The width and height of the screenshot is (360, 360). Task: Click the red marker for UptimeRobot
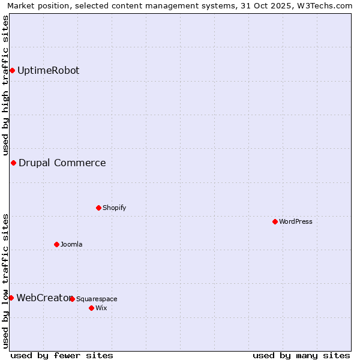coord(12,71)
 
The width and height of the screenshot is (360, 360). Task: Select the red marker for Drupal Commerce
coord(13,163)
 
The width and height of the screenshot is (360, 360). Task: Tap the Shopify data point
coord(98,208)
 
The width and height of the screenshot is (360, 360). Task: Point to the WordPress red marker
coord(275,222)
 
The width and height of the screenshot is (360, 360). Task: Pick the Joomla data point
coord(56,245)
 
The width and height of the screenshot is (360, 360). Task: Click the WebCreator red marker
coord(11,298)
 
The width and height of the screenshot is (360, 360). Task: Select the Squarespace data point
coord(72,299)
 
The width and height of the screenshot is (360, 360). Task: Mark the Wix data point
coord(91,308)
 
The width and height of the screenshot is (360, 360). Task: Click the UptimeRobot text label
coord(48,71)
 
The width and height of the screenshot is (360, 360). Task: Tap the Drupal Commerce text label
coord(62,163)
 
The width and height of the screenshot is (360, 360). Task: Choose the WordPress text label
coord(295,222)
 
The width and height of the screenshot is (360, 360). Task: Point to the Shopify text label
coord(114,208)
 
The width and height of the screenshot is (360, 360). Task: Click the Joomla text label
coord(71,245)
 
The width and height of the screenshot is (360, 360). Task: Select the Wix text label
coord(101,308)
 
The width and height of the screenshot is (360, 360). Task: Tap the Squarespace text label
coord(97,299)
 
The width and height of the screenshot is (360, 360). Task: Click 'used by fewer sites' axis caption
coord(62,355)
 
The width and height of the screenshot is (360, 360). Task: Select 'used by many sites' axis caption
coord(301,355)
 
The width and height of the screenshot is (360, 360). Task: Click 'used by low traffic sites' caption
coord(5,280)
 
